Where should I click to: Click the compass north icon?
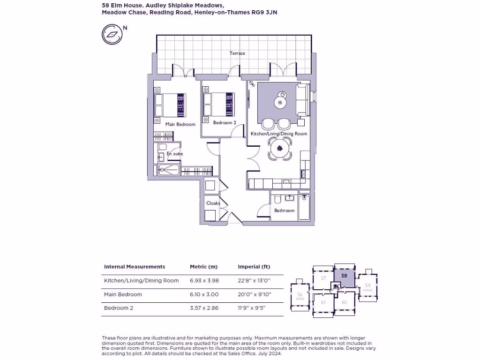[x=112, y=34]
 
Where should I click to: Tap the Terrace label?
[x=237, y=53]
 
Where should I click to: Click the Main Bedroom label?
[x=180, y=124]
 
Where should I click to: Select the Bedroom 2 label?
[x=225, y=122]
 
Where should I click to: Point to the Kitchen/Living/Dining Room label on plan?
[x=279, y=134]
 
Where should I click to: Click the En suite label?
[x=175, y=154]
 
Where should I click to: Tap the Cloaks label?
[x=213, y=203]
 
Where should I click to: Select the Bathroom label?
[x=285, y=210]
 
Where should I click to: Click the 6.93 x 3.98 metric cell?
[x=204, y=281]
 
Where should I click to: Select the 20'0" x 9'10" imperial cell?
[x=255, y=294]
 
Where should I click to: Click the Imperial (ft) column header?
[x=254, y=267]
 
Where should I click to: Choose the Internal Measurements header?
[x=135, y=267]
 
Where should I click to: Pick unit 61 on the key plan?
[x=323, y=302]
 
